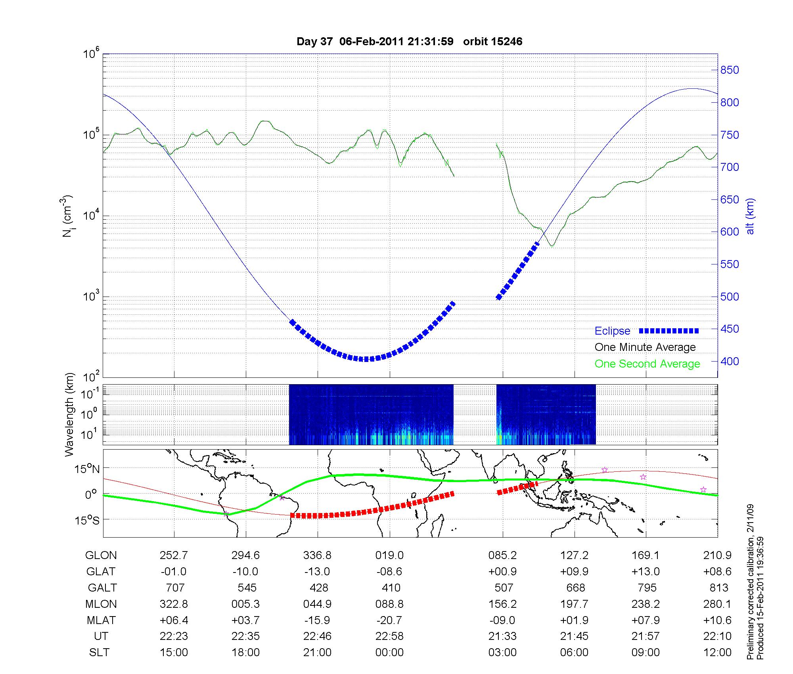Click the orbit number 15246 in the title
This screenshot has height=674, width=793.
click(x=492, y=42)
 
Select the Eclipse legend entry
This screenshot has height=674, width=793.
click(x=612, y=331)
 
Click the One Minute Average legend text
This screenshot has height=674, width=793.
click(x=645, y=347)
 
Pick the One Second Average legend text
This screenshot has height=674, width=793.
click(x=647, y=364)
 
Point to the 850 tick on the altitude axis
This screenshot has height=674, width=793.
click(x=730, y=70)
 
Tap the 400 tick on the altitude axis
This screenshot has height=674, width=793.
click(x=730, y=362)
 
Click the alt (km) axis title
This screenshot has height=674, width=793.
click(x=750, y=216)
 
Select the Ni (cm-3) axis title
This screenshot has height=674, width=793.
click(x=67, y=216)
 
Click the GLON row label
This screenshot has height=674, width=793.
click(x=101, y=555)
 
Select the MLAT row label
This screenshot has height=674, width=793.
click(x=101, y=620)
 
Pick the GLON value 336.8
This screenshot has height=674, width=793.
click(x=317, y=555)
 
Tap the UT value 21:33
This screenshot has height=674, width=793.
click(x=502, y=636)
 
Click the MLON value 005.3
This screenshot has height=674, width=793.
click(x=246, y=604)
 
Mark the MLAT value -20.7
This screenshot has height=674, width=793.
click(x=389, y=620)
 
